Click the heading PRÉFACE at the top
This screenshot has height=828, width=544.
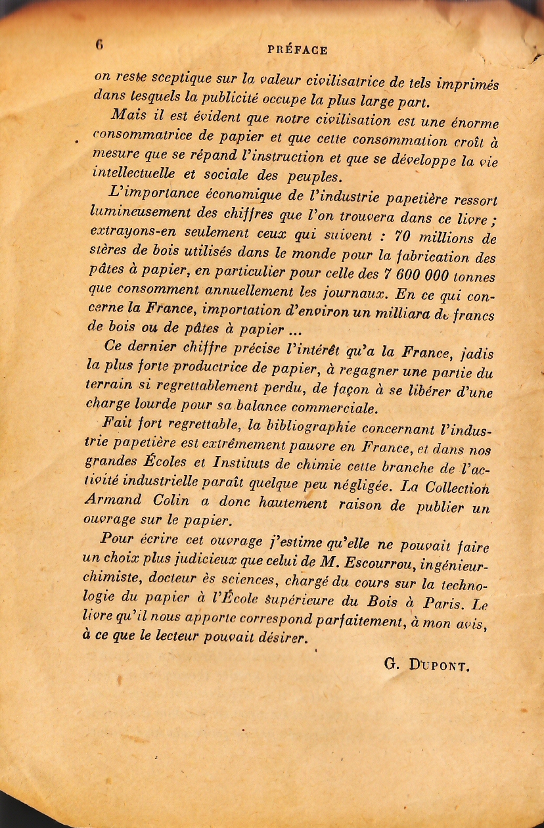point(298,50)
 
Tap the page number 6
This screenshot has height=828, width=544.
point(99,45)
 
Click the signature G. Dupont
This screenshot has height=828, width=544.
point(426,664)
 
